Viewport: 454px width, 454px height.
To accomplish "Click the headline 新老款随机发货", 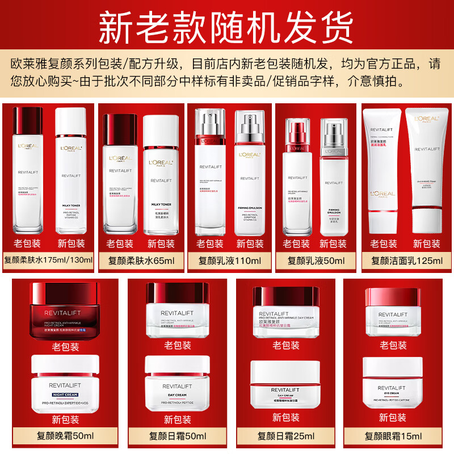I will pyautogui.click(x=226, y=26).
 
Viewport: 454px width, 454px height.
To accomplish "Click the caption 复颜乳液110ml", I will pyautogui.click(x=229, y=261).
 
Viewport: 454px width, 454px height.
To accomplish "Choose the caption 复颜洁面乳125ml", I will pyautogui.click(x=406, y=261).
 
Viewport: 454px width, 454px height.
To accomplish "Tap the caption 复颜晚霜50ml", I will pyautogui.click(x=65, y=436).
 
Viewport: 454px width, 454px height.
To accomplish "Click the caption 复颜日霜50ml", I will pyautogui.click(x=177, y=436).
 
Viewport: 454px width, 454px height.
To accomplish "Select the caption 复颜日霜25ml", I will pyautogui.click(x=285, y=436).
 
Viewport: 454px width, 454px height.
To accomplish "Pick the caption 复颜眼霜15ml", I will pyautogui.click(x=393, y=436).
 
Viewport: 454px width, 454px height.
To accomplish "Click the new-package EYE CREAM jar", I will pyautogui.click(x=393, y=383).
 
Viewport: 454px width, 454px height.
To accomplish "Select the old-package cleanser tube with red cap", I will pyautogui.click(x=383, y=170).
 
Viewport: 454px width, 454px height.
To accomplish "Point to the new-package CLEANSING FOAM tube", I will pyautogui.click(x=426, y=170).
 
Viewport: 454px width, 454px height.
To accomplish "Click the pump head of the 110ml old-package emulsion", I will pyautogui.click(x=207, y=122).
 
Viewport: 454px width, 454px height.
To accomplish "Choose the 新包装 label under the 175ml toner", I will pyautogui.click(x=70, y=244).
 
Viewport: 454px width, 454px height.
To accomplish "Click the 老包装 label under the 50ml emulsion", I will pyautogui.click(x=296, y=244).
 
